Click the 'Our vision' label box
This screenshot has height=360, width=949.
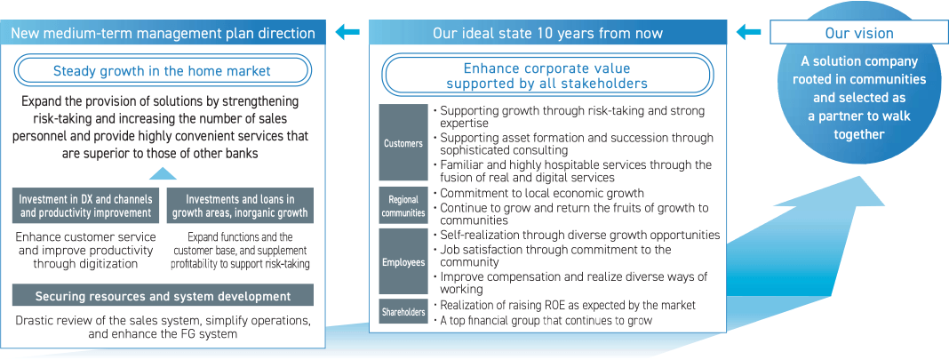click(858, 32)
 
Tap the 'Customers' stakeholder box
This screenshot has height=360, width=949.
click(403, 143)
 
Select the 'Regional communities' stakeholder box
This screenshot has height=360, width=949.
click(403, 206)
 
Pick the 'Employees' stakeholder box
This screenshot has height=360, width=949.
click(403, 262)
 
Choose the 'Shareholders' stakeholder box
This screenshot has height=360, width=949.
click(403, 312)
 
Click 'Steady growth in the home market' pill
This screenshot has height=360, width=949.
click(163, 71)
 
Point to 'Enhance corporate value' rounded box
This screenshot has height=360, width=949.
click(546, 76)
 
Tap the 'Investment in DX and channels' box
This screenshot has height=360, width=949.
click(85, 205)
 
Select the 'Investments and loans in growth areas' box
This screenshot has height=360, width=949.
click(240, 205)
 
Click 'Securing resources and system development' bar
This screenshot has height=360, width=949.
click(163, 296)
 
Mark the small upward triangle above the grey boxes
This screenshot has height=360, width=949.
click(163, 173)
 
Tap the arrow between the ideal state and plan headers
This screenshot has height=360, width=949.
click(347, 31)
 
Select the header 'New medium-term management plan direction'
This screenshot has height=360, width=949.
click(163, 33)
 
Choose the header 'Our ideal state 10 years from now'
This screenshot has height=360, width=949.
click(547, 33)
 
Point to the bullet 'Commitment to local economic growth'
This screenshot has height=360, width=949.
click(538, 194)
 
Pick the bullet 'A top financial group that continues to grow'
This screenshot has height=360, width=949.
click(543, 321)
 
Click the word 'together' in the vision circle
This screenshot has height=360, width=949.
click(859, 133)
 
